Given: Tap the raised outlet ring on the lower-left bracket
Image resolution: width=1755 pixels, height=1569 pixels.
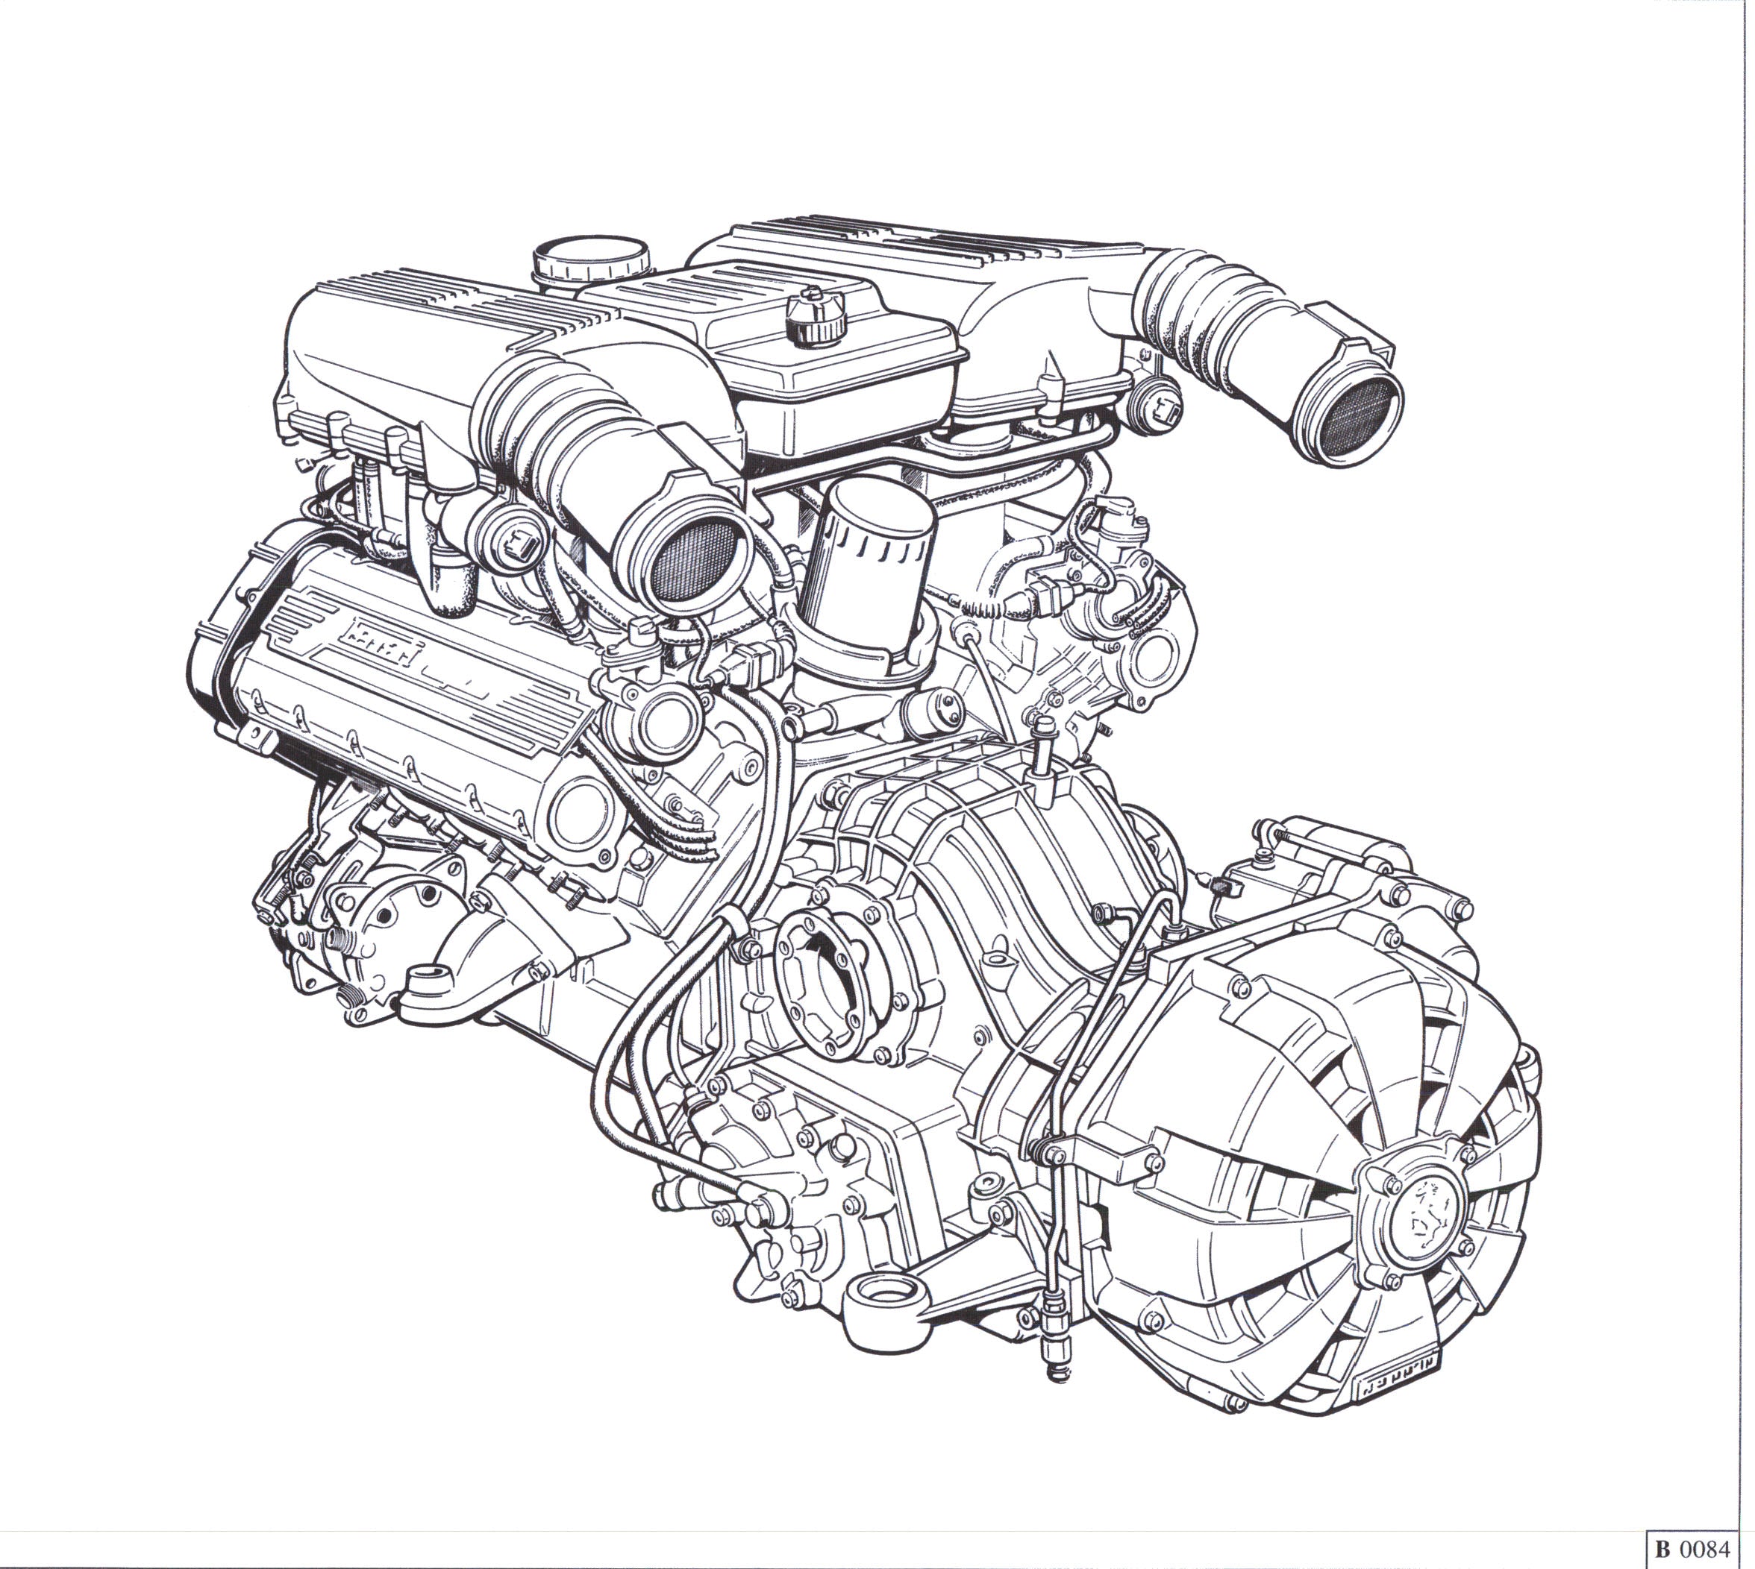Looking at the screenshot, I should pos(428,979).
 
